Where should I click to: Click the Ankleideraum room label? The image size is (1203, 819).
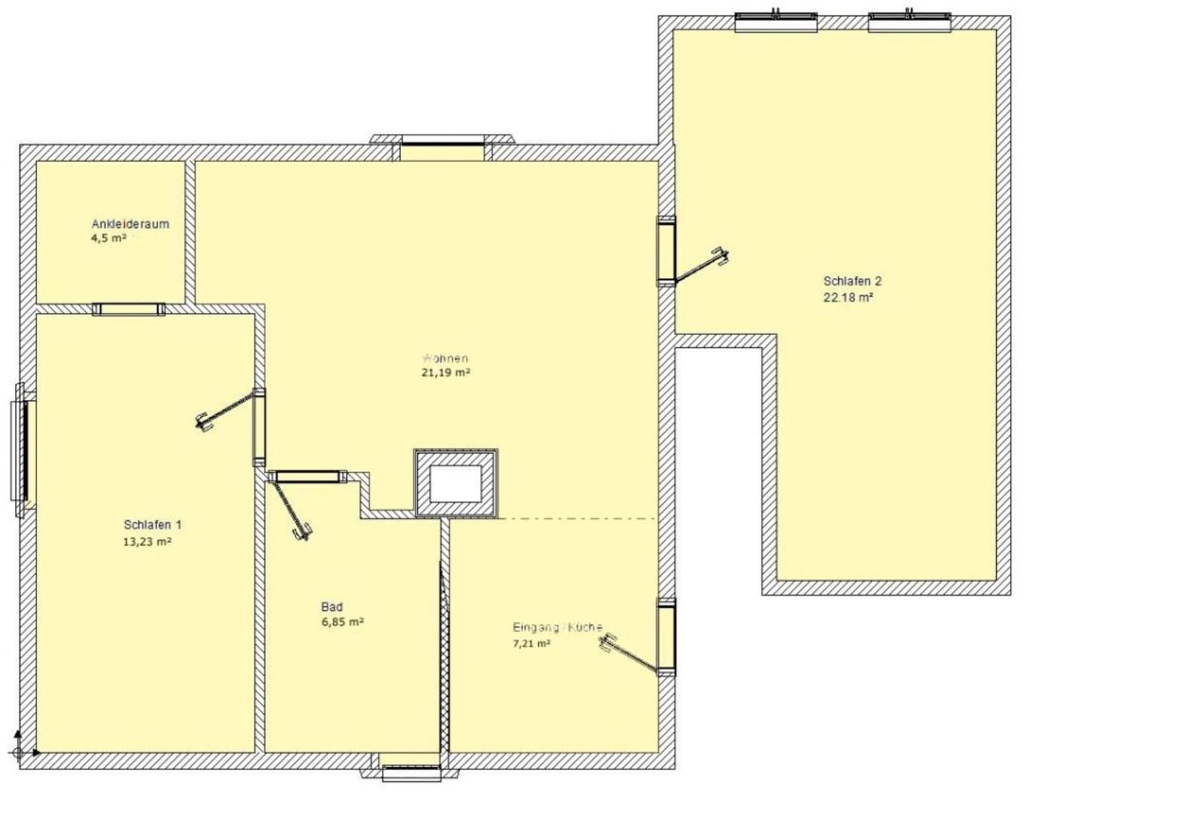pos(130,224)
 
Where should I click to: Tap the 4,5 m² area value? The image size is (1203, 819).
pos(109,238)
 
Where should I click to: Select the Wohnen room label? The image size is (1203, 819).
pos(445,358)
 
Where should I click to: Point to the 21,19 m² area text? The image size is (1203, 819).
pos(446,372)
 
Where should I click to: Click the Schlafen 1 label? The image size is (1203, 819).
pos(153,524)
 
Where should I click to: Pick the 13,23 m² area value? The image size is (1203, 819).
pos(147,541)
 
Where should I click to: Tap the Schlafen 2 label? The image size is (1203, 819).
pos(852,281)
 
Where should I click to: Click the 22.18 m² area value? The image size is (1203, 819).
pos(848,298)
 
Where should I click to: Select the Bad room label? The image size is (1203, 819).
pos(332,606)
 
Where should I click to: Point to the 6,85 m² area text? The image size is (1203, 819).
pos(342,622)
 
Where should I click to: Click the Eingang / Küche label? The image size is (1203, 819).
pos(557,627)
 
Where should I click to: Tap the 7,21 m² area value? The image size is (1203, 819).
pos(532,643)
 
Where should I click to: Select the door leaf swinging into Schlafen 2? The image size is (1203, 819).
pos(702,265)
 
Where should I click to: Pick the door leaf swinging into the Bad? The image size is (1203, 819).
pos(290,509)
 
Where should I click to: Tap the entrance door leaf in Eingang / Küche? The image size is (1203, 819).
pos(629,654)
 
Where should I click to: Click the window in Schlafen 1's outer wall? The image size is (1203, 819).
pos(22,450)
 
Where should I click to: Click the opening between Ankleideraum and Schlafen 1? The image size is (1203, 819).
pos(129,309)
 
